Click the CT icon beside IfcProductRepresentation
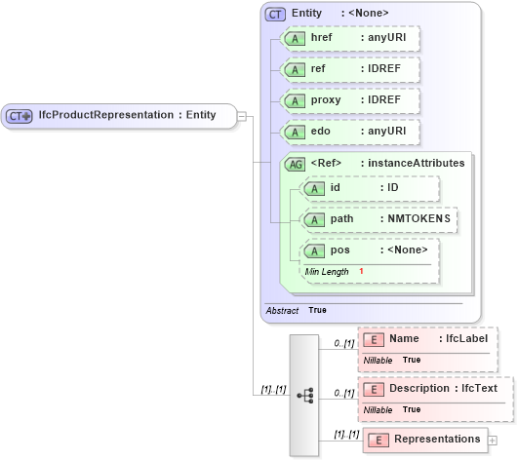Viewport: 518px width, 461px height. click(x=20, y=116)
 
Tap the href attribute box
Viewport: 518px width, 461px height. click(x=349, y=38)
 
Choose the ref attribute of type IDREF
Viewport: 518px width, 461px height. click(x=349, y=69)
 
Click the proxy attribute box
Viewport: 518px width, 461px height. click(x=349, y=100)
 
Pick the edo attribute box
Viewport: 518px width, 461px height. click(x=349, y=132)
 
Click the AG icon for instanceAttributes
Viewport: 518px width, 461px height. click(x=294, y=163)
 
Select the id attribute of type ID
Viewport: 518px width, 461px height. click(x=371, y=188)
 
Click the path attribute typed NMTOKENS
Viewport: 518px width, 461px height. click(x=379, y=219)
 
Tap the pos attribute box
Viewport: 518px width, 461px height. click(x=371, y=250)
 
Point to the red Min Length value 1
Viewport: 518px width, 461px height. click(x=360, y=271)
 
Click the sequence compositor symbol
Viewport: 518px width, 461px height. click(x=304, y=395)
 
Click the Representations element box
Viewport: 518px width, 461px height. click(x=424, y=440)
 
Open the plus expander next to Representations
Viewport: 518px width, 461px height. click(x=492, y=441)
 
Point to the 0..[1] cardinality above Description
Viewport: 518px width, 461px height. click(x=342, y=392)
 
